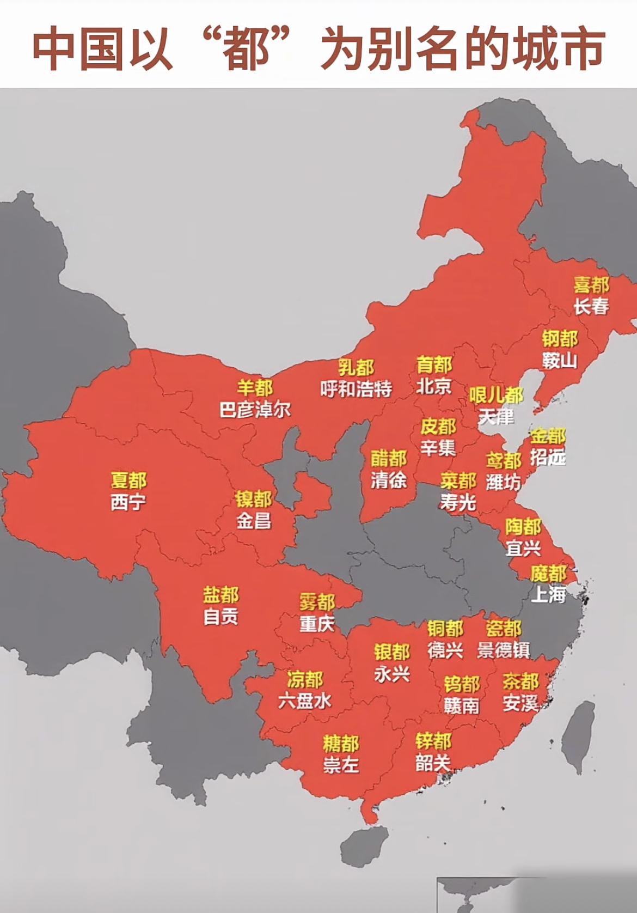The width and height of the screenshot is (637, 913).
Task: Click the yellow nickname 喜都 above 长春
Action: click(591, 284)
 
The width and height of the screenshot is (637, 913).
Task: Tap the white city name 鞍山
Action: click(559, 360)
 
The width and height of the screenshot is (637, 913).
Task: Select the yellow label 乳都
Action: click(356, 367)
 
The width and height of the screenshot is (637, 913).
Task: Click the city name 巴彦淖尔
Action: click(255, 409)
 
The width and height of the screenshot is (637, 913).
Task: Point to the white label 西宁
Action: click(128, 502)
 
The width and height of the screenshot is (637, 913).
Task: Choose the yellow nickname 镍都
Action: click(253, 499)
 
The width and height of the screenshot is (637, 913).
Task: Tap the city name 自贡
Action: click(220, 616)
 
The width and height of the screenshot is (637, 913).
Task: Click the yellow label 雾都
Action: click(317, 602)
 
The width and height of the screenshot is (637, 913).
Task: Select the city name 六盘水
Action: click(304, 701)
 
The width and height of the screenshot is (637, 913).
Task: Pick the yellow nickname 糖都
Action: click(341, 743)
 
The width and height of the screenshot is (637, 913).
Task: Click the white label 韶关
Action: click(433, 762)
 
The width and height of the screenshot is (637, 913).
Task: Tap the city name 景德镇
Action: click(503, 650)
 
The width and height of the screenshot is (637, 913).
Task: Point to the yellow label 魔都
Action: click(548, 573)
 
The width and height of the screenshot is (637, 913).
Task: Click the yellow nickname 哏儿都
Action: click(496, 395)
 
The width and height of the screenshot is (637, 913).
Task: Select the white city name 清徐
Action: click(388, 480)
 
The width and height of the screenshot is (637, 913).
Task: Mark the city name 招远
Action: click(548, 456)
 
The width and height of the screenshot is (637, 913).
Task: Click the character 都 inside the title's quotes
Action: click(246, 50)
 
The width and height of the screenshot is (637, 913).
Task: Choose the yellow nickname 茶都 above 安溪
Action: click(520, 681)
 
